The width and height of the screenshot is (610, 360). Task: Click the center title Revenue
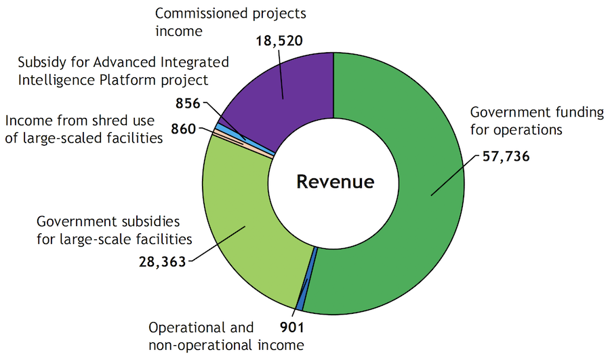pyautogui.click(x=335, y=182)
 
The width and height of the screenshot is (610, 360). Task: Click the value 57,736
pyautogui.click(x=505, y=156)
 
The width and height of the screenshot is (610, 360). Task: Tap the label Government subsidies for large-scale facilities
pyautogui.click(x=114, y=230)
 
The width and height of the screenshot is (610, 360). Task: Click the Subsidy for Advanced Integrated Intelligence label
pyautogui.click(x=123, y=72)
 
